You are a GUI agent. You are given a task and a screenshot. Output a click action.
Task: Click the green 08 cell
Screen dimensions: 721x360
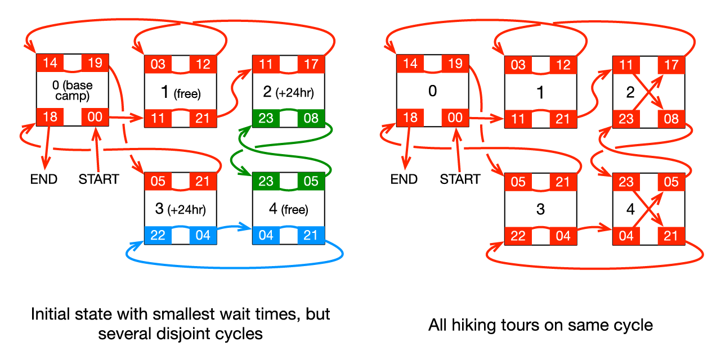(x=311, y=118)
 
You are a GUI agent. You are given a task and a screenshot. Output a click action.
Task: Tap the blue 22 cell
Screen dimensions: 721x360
(x=158, y=236)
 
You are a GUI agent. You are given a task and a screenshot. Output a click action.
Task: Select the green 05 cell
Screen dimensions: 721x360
(x=311, y=181)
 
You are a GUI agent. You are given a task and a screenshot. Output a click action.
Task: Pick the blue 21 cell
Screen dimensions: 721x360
(x=311, y=236)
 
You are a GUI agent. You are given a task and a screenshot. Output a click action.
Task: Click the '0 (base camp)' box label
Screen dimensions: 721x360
(x=73, y=91)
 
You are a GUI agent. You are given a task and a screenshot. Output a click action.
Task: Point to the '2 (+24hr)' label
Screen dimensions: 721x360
(x=288, y=92)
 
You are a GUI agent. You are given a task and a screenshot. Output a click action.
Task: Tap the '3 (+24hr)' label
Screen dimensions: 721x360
(x=180, y=209)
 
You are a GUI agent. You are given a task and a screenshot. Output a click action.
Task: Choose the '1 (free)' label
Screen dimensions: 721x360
(x=181, y=92)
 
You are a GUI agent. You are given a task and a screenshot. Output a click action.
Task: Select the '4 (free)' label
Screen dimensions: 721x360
(x=288, y=209)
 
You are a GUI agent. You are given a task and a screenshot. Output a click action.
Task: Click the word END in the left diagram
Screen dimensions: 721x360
(x=44, y=179)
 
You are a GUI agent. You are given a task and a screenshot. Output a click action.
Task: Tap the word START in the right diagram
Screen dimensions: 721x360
(x=460, y=179)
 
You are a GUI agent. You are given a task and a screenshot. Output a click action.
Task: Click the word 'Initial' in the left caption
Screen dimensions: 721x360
(x=50, y=314)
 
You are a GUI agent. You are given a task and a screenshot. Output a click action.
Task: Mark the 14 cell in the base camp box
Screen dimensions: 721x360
(x=50, y=63)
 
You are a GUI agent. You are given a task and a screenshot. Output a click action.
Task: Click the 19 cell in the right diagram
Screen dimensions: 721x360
(x=455, y=64)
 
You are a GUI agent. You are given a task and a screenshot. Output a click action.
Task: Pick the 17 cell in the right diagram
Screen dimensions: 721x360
(x=671, y=65)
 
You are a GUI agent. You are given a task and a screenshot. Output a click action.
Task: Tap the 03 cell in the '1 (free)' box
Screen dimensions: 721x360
(x=158, y=64)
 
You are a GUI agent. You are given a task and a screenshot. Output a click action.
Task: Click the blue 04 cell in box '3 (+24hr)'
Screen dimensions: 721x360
(x=203, y=236)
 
